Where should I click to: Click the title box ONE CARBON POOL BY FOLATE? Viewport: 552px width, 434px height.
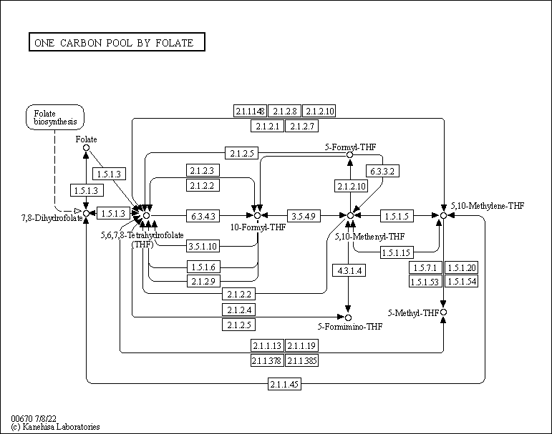point(116,42)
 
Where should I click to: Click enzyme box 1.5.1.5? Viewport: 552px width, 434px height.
point(397,214)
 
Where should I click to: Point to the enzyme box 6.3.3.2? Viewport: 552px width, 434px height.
point(383,172)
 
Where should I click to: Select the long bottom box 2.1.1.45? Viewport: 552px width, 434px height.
point(285,385)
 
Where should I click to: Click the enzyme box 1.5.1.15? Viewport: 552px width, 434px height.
point(397,252)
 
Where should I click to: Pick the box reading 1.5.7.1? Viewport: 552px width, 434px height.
point(425,267)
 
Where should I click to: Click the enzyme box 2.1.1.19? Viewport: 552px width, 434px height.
point(301,346)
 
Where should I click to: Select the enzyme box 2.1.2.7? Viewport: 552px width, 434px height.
point(301,126)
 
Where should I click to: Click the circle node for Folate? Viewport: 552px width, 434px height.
point(86,148)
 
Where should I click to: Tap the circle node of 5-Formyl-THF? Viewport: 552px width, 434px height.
point(349,154)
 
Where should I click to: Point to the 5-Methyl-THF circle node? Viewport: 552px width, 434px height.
point(444,312)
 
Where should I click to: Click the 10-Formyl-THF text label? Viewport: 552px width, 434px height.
point(258,227)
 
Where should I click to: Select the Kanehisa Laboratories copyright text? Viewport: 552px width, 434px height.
point(55,427)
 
